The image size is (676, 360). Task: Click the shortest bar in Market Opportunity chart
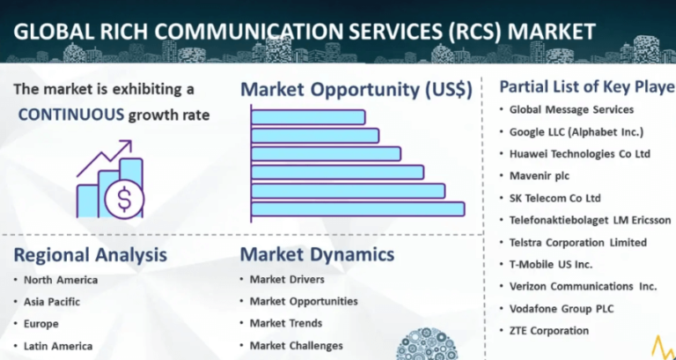click(308, 117)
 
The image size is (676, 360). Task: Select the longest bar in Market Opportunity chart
click(357, 209)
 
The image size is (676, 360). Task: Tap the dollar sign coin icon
click(124, 200)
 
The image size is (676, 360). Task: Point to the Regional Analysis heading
click(90, 255)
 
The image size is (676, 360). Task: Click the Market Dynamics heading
click(318, 255)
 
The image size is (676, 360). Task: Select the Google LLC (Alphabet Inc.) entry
click(577, 132)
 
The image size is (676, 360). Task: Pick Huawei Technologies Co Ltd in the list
click(579, 154)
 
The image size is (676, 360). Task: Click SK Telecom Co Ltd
click(555, 198)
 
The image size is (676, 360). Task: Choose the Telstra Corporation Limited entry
click(578, 242)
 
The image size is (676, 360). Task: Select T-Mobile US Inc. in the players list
click(551, 264)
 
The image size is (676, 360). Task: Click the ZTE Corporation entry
click(549, 331)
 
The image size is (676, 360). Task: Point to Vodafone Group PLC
click(561, 309)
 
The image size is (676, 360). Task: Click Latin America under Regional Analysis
click(57, 346)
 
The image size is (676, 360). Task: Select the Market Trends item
click(286, 324)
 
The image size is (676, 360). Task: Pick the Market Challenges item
click(296, 346)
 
